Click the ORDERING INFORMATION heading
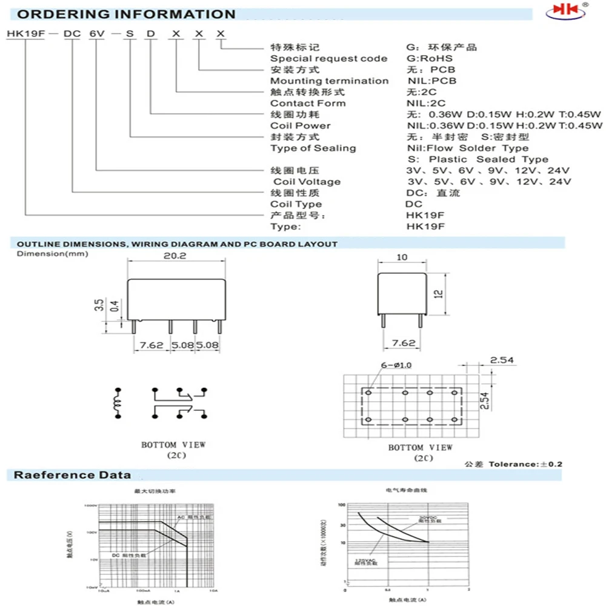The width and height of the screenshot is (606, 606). click(121, 14)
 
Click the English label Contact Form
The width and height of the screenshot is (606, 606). click(308, 103)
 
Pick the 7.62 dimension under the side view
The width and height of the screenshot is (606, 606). click(404, 343)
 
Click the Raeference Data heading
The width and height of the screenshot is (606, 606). click(72, 474)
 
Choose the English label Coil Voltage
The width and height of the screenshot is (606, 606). click(307, 181)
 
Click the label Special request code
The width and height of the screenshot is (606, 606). click(328, 58)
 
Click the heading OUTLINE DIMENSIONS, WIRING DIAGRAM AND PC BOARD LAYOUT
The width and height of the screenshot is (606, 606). click(173, 244)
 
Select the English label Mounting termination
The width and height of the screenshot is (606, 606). click(329, 81)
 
